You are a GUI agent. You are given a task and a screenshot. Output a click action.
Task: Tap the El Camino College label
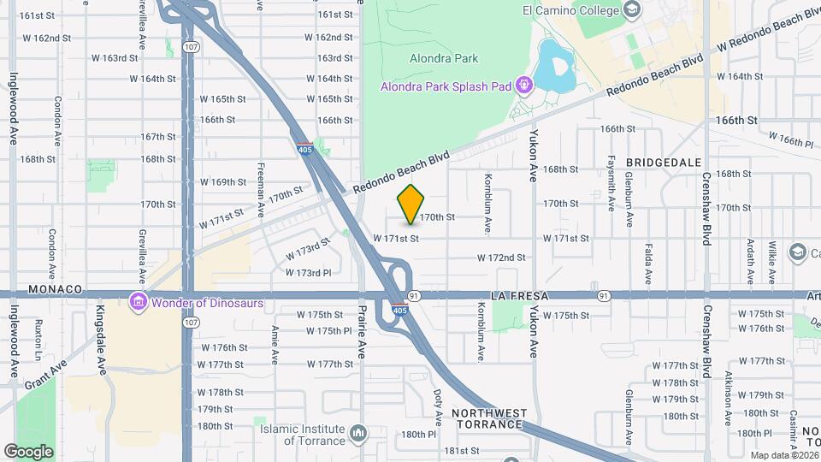570,10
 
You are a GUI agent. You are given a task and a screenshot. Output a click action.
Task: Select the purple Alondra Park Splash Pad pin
524,86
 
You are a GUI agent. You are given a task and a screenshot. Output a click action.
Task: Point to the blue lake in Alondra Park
554,62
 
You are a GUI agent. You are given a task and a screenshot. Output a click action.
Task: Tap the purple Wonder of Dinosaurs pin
137,302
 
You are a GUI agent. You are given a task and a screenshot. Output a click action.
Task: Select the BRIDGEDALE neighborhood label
664,162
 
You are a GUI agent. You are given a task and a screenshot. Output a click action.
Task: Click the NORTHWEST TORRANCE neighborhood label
488,418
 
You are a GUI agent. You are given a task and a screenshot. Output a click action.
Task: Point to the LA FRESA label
513,295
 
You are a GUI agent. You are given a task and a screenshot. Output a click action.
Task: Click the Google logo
28,451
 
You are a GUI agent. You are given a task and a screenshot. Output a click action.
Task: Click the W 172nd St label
500,258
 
